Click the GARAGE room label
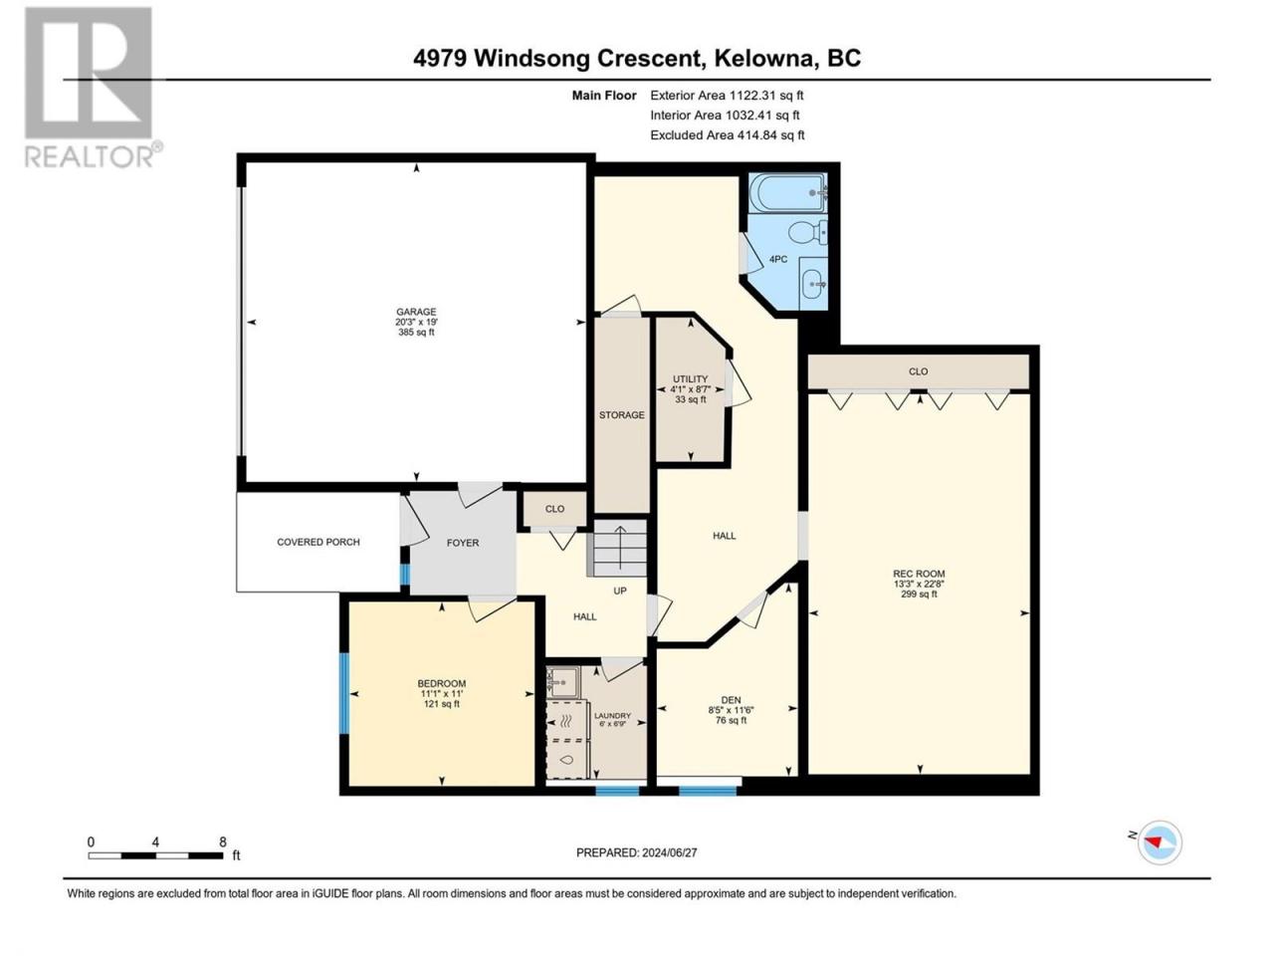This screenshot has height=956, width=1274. (416, 312)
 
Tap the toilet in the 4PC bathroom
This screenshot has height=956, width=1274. (807, 234)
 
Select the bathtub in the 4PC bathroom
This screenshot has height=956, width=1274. (787, 193)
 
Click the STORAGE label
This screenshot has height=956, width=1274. (622, 415)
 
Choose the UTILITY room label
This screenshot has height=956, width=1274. (690, 379)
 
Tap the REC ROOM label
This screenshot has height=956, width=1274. (919, 574)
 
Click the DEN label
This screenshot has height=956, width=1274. (731, 700)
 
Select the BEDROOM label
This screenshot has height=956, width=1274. (442, 683)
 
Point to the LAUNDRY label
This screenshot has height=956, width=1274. (612, 716)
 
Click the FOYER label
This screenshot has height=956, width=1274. (463, 543)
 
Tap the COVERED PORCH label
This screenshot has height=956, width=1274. (318, 542)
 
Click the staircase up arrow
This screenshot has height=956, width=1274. (620, 547)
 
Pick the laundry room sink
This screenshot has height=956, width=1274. (563, 682)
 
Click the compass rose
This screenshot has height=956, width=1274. (1159, 842)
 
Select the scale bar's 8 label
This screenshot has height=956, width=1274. (223, 841)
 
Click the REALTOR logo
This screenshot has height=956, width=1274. (93, 88)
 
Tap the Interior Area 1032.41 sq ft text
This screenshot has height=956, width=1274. (725, 115)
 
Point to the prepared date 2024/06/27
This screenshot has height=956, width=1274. (669, 852)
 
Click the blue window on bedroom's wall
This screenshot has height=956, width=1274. (344, 694)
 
